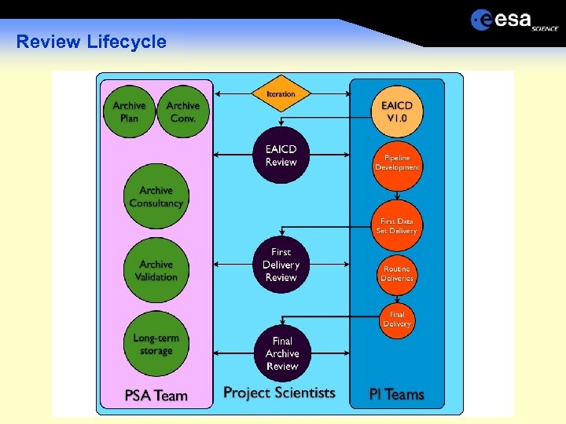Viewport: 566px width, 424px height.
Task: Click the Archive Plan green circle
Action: click(129, 112)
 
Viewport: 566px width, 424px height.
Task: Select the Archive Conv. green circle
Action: click(183, 112)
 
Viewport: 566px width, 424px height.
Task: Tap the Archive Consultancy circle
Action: click(156, 197)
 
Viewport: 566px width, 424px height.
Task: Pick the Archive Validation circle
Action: click(156, 271)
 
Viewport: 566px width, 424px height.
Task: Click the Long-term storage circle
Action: click(156, 345)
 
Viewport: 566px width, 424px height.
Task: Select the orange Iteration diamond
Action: click(281, 94)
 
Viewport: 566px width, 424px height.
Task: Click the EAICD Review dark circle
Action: click(281, 155)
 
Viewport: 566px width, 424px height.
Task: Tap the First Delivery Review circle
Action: click(281, 265)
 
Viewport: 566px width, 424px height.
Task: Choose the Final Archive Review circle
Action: click(281, 353)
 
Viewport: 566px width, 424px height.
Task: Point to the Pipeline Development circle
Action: click(397, 163)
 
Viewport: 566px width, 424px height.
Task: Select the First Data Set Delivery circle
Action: click(397, 226)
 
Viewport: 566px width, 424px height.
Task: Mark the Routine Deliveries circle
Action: click(397, 273)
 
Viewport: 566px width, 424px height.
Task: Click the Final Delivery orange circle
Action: click(397, 320)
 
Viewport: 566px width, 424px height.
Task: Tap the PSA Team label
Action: click(156, 395)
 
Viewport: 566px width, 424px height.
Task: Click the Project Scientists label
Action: click(279, 393)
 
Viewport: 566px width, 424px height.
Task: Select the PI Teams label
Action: click(397, 394)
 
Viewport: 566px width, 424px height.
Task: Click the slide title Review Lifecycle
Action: click(91, 42)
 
